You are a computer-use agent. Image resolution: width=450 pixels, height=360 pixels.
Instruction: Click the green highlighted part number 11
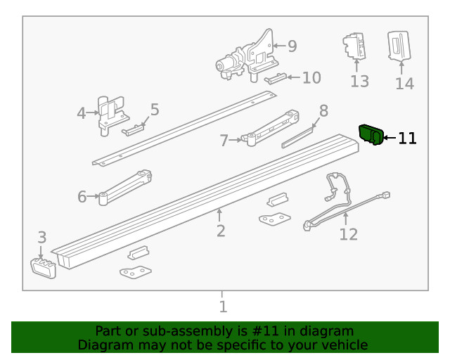tap(371, 134)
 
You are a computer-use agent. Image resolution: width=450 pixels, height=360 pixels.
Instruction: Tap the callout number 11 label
tap(407, 139)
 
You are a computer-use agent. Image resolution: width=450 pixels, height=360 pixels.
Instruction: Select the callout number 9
tap(292, 46)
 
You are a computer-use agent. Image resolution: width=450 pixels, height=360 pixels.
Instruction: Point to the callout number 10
tap(311, 77)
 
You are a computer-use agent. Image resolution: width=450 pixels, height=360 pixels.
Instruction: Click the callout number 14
tap(404, 84)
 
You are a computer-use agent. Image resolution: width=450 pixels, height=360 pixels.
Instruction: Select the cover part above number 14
tap(399, 47)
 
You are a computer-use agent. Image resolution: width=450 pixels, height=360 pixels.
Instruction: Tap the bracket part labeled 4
tap(109, 112)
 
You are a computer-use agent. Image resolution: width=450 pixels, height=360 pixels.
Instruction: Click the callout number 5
tap(155, 110)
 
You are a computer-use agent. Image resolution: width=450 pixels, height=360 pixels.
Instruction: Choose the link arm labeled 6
tap(127, 186)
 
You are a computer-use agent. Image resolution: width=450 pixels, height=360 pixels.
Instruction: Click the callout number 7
tap(224, 141)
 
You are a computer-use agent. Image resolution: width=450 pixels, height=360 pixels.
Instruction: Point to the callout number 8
tap(323, 110)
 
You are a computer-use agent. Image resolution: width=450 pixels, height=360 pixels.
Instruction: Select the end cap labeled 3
tap(44, 268)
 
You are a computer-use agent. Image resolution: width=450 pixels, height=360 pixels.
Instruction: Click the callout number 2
tap(221, 231)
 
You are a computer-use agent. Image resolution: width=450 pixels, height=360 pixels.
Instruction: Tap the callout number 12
tap(348, 234)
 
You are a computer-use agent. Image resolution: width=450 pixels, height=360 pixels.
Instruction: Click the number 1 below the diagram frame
tap(223, 307)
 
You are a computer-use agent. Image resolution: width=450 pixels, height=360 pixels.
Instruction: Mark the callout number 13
tap(359, 82)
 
